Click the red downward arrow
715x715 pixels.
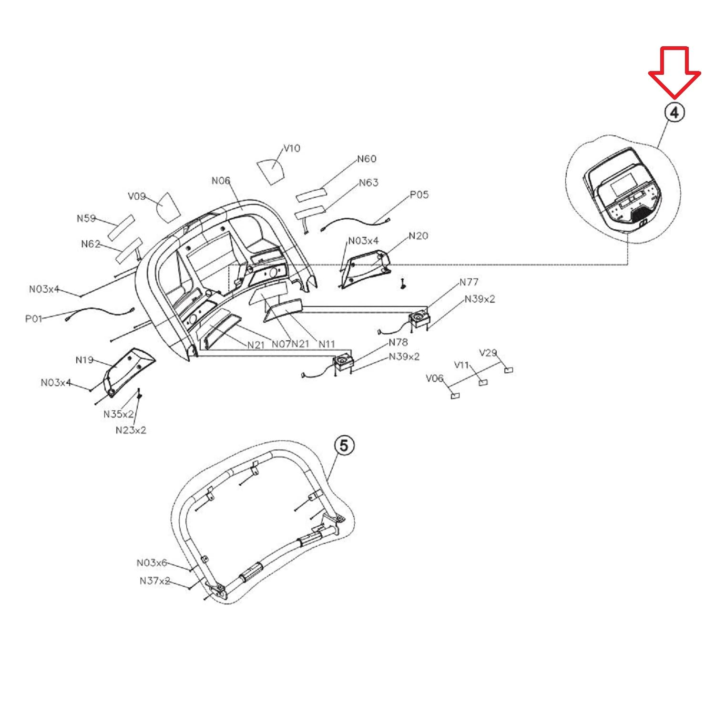(674, 71)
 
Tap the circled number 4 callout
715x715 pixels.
(674, 112)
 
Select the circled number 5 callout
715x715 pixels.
(344, 446)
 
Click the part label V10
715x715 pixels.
(292, 148)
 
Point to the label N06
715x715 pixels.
(221, 181)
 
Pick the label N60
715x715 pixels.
(367, 159)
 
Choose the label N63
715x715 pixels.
(368, 183)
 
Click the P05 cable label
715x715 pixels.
(419, 194)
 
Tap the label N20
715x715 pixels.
(418, 236)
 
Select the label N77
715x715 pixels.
(469, 282)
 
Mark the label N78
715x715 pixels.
(398, 342)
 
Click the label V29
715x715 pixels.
(488, 353)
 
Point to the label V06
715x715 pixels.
(434, 378)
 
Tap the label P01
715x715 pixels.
(34, 318)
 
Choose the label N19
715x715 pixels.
(84, 360)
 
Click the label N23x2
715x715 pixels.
(131, 430)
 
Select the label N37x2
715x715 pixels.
(155, 581)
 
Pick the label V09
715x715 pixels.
(137, 196)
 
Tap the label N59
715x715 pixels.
(86, 218)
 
